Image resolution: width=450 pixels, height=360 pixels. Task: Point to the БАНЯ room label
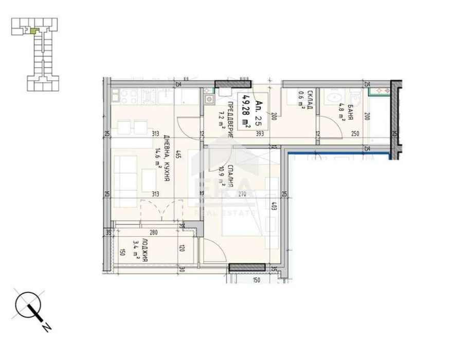coord(349,111)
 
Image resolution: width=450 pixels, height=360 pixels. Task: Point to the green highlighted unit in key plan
coord(34,31)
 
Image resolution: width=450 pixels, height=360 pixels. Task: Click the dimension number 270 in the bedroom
coord(243,194)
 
